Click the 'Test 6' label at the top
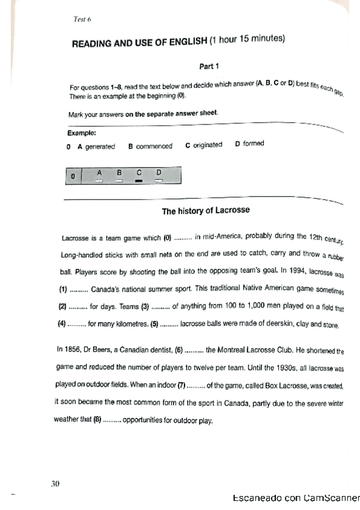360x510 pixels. pos(81,19)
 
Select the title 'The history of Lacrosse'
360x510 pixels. pos(206,211)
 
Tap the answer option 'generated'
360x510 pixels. pos(100,146)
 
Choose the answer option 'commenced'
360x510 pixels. pos(154,146)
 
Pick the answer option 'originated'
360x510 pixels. pos(207,145)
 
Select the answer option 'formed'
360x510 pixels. pos(253,144)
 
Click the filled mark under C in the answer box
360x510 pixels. pos(139,180)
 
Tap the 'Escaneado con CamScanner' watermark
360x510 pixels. pos(294,498)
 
